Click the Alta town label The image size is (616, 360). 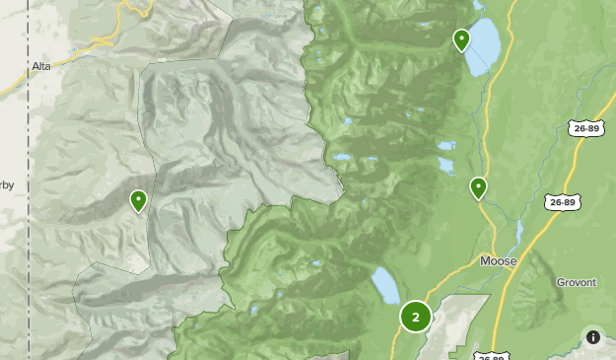click(x=40, y=65)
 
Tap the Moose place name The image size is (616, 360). click(x=498, y=261)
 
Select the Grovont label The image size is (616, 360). click(x=576, y=282)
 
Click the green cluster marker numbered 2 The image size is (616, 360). click(x=416, y=317)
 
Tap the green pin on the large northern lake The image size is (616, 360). click(x=461, y=40)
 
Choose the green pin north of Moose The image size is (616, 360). click(x=479, y=187)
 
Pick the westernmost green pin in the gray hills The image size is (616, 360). click(x=139, y=201)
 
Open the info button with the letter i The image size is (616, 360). click(x=593, y=337)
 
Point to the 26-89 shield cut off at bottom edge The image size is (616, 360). click(x=490, y=355)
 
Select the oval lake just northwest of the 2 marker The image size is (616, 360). click(x=384, y=285)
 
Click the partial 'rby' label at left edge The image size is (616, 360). click(x=7, y=183)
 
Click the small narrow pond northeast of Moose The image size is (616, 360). click(x=519, y=232)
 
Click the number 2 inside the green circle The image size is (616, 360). click(x=416, y=317)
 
